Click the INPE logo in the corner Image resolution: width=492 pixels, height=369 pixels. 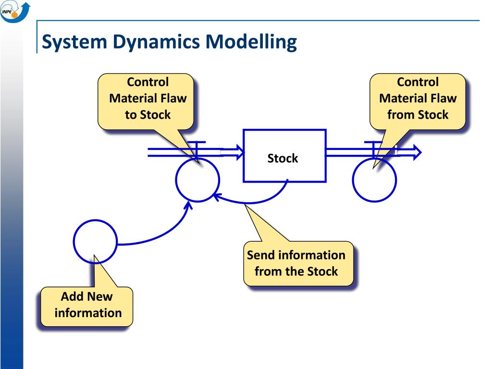pos(15,12)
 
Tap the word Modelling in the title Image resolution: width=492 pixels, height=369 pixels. pos(251,42)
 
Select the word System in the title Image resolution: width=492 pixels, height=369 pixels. pos(74,42)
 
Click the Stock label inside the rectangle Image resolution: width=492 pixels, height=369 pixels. pos(283,158)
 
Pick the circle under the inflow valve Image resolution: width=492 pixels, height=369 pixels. pos(175,180)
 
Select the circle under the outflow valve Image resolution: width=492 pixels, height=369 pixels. pos(352,180)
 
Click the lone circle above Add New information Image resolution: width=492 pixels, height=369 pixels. pos(74,242)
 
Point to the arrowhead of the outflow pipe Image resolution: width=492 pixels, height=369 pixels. pos(417,152)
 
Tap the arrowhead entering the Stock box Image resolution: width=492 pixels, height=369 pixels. pos(240,152)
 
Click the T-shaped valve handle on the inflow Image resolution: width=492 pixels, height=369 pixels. pos(197,148)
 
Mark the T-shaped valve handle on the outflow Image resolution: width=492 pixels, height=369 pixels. pos(373,148)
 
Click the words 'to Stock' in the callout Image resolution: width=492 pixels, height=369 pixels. pos(148,115)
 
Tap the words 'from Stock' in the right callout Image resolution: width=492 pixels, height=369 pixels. pos(418,115)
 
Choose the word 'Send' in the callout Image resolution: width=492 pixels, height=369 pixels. pos(261,255)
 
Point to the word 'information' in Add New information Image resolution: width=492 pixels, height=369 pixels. pos(88,313)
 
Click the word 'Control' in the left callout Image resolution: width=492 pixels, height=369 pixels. pos(148,82)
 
